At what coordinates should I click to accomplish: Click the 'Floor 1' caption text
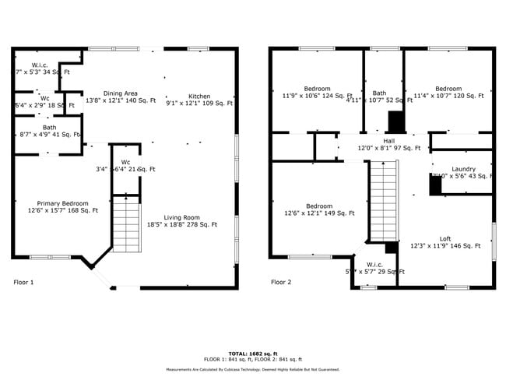click(x=24, y=282)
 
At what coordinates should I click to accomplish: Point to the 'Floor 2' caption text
click(x=281, y=282)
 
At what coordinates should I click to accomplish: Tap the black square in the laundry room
click(x=435, y=185)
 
